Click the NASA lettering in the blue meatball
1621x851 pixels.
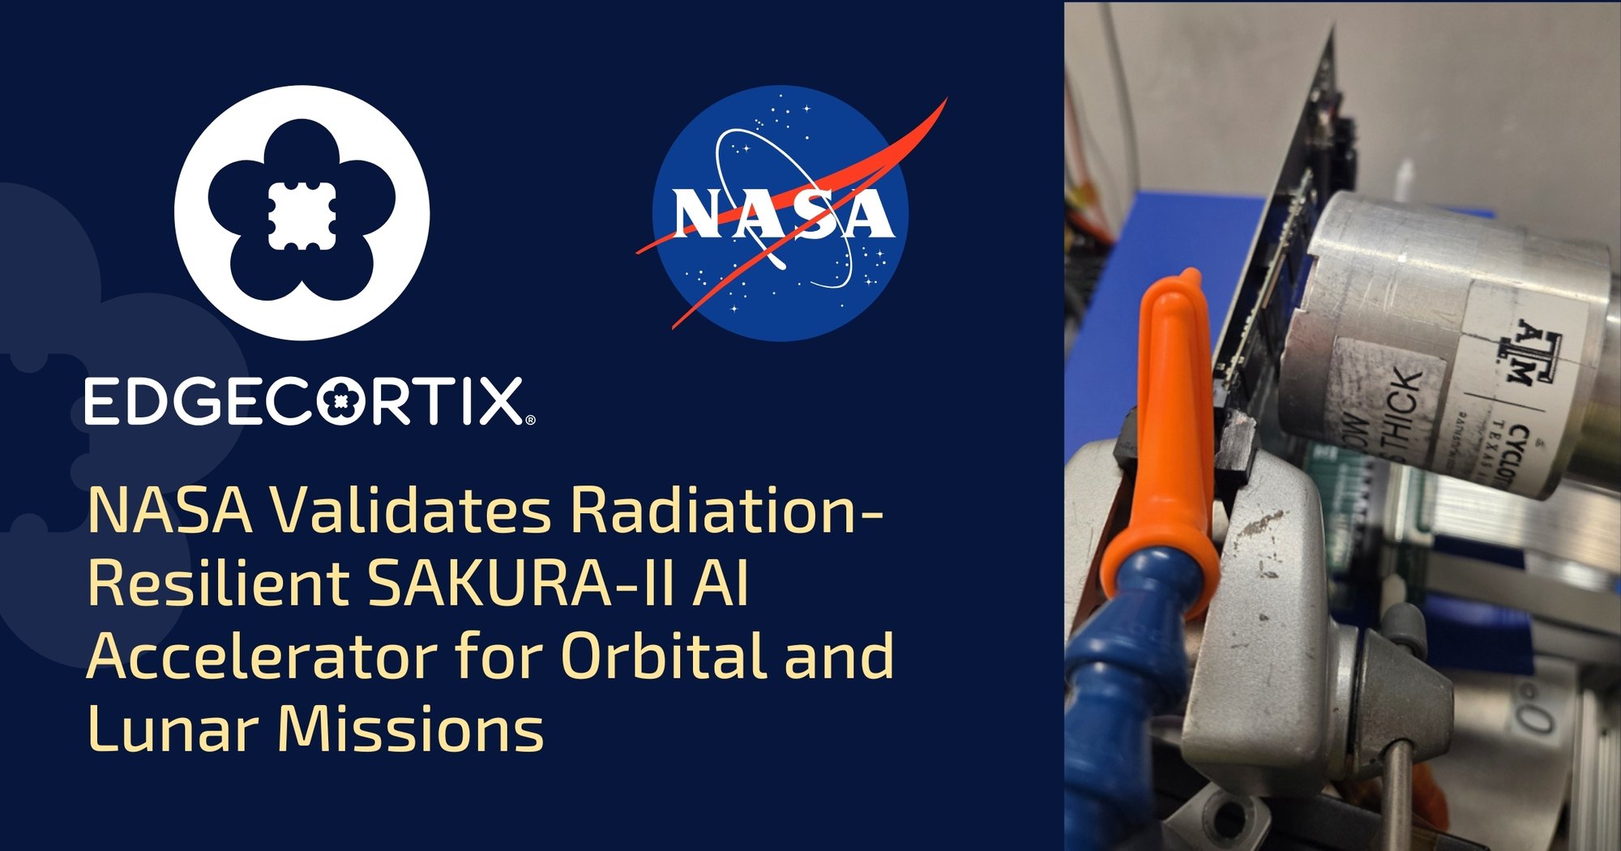point(782,215)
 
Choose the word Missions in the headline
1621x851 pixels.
point(410,728)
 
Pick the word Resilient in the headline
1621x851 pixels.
point(217,584)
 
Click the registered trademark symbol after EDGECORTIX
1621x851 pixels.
point(530,420)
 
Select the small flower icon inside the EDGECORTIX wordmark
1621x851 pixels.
point(342,401)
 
